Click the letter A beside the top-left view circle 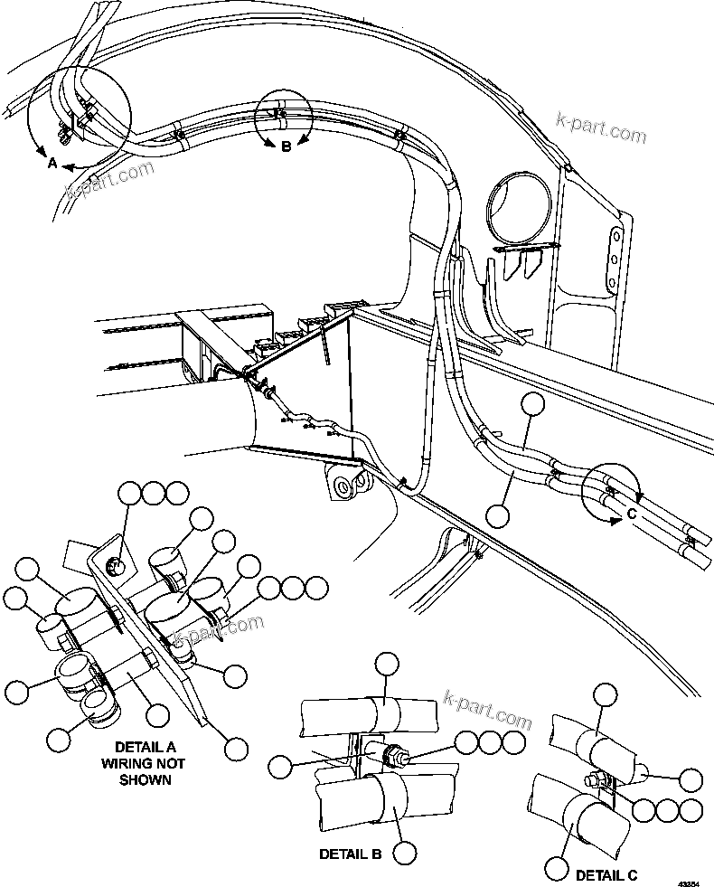point(52,164)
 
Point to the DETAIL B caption point(350,853)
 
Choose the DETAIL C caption point(606,874)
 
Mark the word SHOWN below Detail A point(146,779)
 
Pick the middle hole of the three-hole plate point(614,257)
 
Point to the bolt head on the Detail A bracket point(115,567)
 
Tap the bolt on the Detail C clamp point(592,779)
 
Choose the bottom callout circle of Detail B point(405,852)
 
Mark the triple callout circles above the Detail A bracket point(155,493)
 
